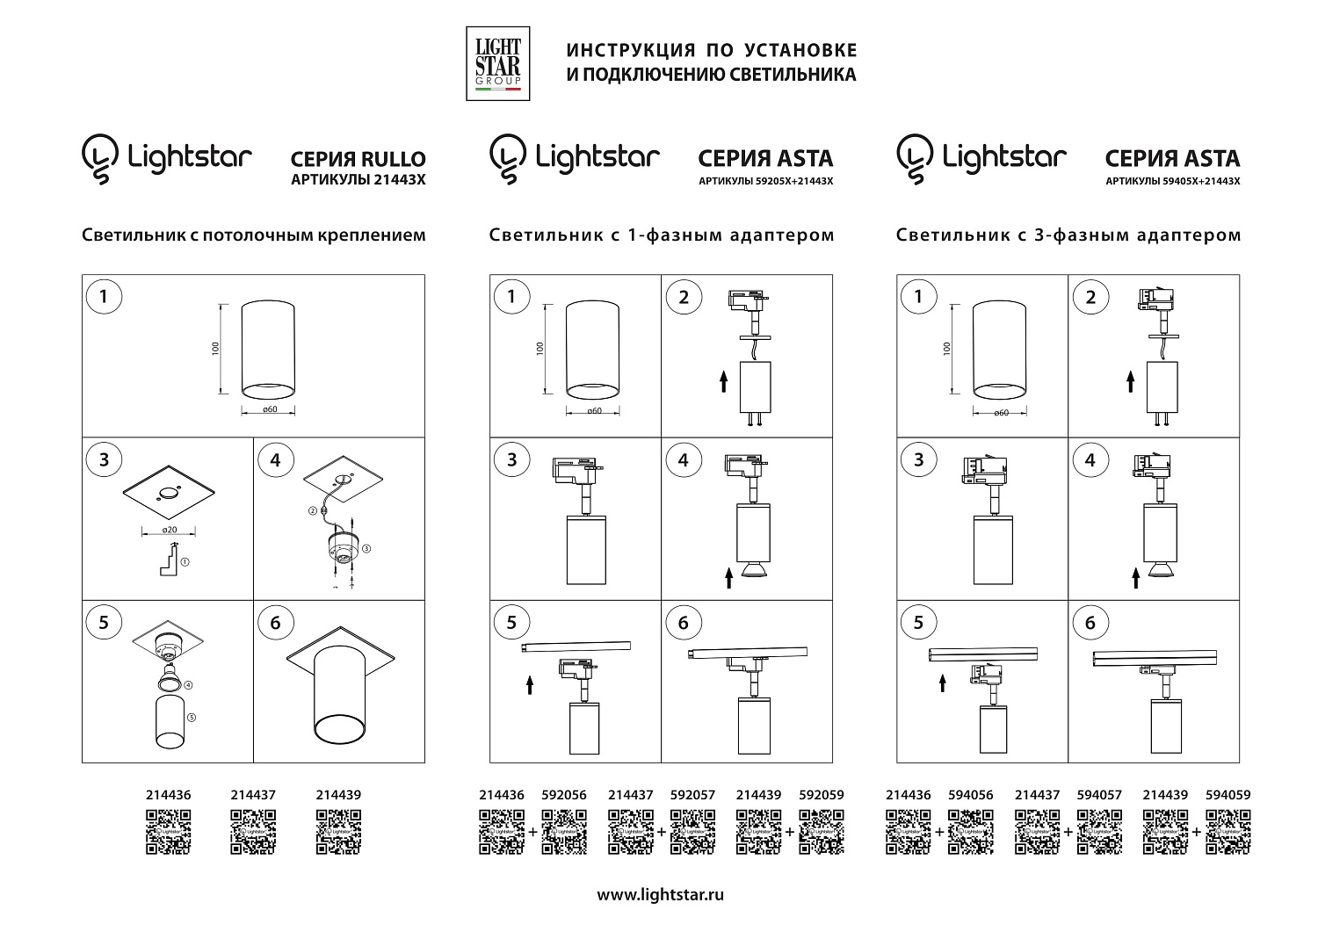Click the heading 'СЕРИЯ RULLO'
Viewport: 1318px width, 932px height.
click(358, 159)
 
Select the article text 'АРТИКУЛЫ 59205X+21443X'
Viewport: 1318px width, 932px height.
click(765, 181)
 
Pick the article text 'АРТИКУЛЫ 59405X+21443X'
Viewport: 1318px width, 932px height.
click(1172, 181)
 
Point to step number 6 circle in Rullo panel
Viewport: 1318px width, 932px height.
click(276, 623)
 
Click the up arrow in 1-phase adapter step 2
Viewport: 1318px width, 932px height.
click(723, 381)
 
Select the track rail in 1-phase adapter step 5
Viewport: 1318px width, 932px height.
click(576, 647)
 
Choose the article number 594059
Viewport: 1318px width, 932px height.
click(1228, 794)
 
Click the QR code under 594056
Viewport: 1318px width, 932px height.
click(972, 831)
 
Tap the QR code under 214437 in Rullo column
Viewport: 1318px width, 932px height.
click(253, 831)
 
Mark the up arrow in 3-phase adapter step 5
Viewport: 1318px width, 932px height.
click(941, 682)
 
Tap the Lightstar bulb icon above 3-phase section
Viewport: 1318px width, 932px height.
click(915, 158)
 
